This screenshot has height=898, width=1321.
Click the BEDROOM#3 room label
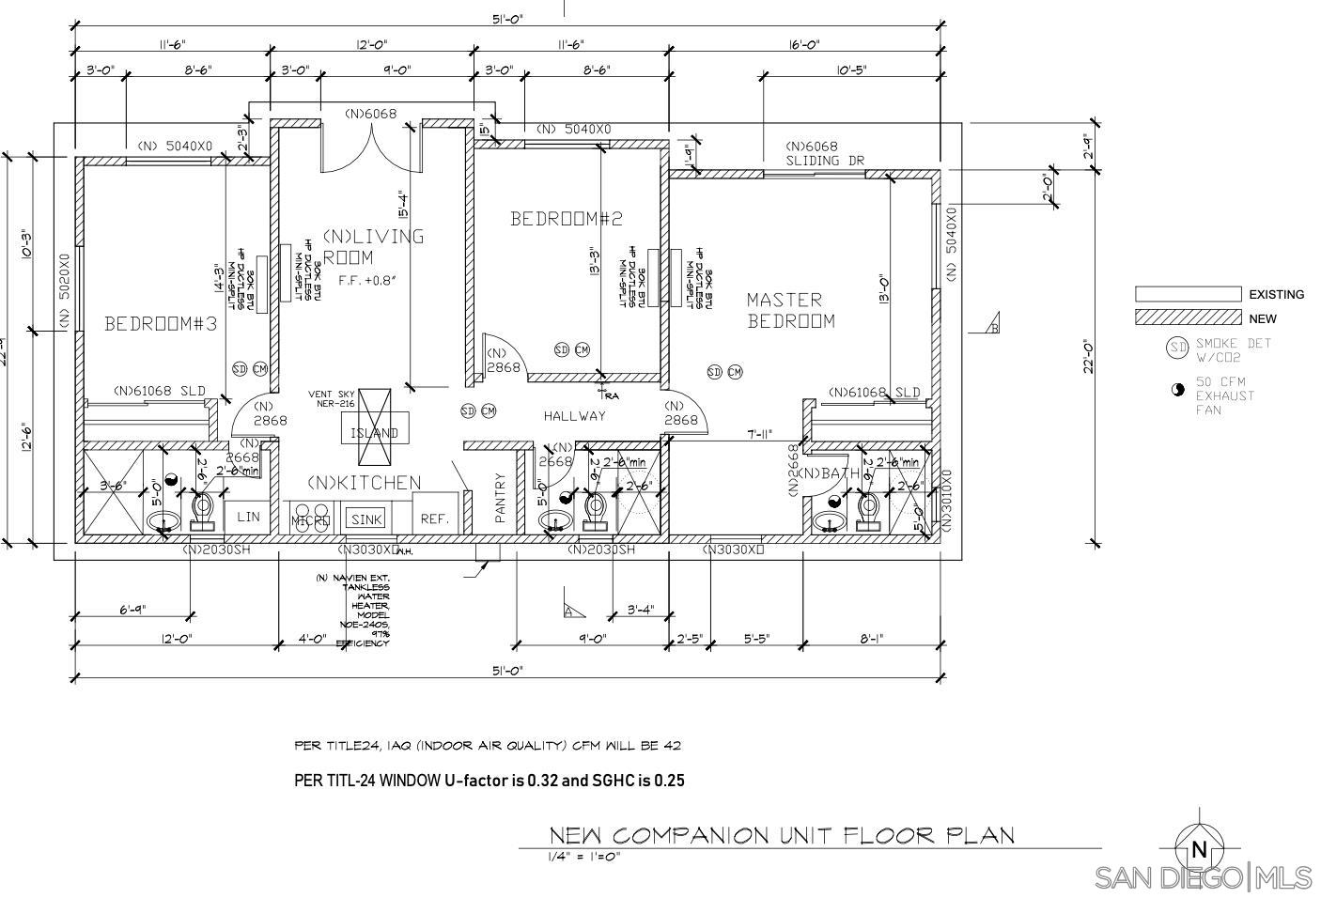(161, 324)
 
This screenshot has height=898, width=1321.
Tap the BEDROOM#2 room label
(567, 219)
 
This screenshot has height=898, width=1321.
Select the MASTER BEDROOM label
(790, 310)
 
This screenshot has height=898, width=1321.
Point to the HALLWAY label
(574, 416)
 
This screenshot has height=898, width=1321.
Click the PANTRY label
(500, 498)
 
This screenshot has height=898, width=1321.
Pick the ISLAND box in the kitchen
(374, 433)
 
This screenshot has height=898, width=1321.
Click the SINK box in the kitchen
(366, 519)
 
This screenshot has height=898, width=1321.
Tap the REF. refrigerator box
(434, 519)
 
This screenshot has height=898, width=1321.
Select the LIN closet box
(248, 517)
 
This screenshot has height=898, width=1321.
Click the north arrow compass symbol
(1198, 849)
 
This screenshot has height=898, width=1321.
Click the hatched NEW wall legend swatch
(1188, 318)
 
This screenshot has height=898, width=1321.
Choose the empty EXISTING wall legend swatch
(1188, 294)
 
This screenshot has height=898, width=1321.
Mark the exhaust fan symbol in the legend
(1178, 390)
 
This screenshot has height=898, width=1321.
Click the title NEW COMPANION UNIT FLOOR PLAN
(781, 835)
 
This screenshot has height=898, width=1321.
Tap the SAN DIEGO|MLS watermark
(1204, 877)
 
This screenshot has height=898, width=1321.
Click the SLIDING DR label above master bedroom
(824, 161)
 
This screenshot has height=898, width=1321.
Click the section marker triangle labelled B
(993, 326)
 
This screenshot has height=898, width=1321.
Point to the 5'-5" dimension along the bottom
(756, 639)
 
